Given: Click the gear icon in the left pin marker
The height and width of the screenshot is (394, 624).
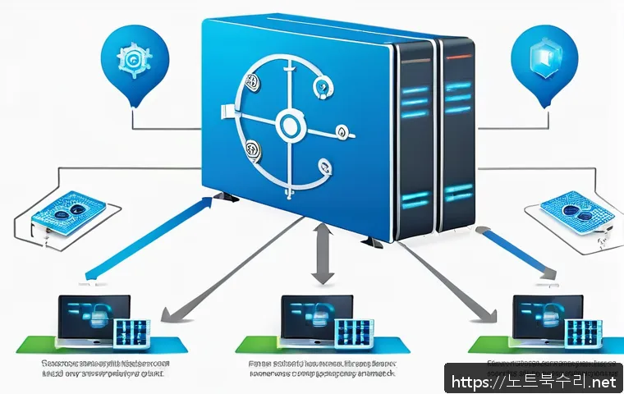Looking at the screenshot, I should (x=133, y=59).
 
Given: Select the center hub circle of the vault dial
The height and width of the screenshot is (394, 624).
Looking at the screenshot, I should (x=290, y=126).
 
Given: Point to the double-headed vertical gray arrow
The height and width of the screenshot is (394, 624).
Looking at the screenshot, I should (x=323, y=256).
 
